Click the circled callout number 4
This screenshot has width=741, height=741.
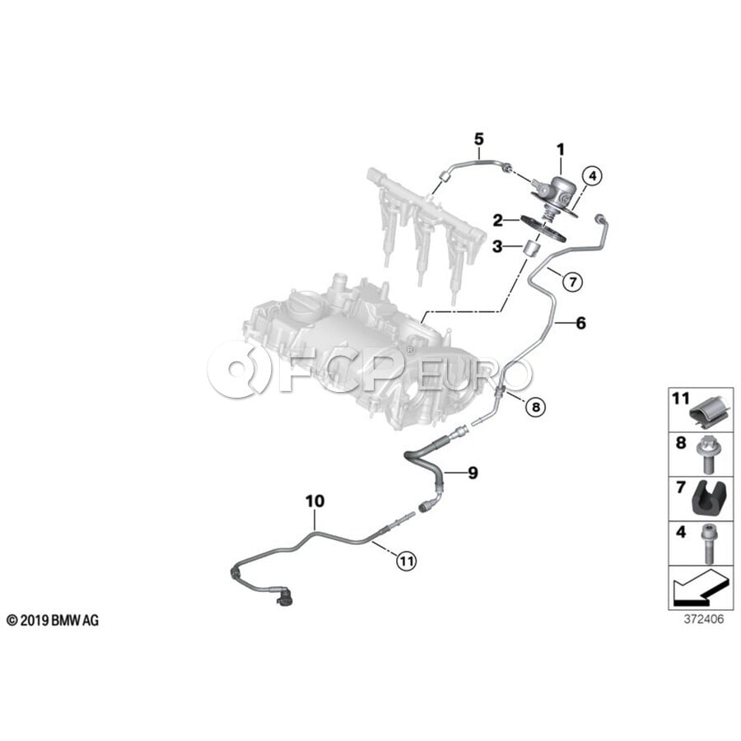point(592,177)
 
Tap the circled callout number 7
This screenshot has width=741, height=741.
point(573,282)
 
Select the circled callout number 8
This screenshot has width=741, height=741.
point(535,407)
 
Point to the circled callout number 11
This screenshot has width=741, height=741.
point(407,561)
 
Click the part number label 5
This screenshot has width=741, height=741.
point(478,139)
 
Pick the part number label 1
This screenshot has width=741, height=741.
point(561,150)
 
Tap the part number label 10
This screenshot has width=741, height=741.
point(315,501)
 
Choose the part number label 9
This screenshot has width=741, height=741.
point(473,473)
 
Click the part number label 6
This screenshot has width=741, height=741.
point(580,323)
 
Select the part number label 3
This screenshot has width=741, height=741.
point(497,246)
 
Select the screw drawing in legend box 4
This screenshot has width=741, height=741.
point(708,544)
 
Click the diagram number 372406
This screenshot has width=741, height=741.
point(704,619)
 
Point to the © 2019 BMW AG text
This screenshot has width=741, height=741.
point(53,621)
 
